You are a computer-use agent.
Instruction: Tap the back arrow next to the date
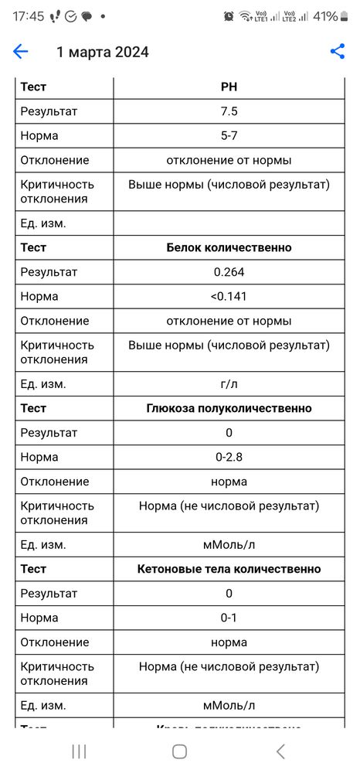coord(21,52)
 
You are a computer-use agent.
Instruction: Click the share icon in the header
coord(338,52)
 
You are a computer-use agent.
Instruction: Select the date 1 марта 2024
coord(103,53)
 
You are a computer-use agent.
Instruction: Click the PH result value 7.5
coord(229,111)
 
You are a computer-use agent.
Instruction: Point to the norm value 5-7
coord(229,136)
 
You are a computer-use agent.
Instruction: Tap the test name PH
coord(229,87)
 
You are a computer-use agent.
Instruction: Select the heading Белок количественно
coord(229,247)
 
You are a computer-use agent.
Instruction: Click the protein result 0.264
coord(229,272)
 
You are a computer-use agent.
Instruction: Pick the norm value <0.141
coord(229,296)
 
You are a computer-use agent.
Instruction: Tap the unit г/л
coord(229,384)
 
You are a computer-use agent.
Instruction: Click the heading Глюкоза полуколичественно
coord(229,408)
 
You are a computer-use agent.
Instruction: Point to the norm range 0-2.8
coord(229,457)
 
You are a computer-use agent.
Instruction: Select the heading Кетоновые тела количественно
coord(229,569)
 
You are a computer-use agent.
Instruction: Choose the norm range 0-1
coord(229,618)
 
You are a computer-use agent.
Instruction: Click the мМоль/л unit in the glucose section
coord(229,544)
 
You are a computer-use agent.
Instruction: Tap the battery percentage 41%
coord(325,16)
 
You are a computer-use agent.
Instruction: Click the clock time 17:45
coord(28,16)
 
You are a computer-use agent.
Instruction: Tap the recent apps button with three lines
coord(79,751)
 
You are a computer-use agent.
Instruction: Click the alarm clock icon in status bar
coord(229,16)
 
